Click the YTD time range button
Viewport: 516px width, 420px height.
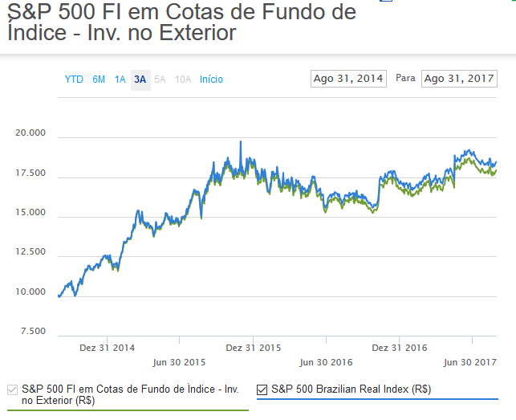tap(74, 80)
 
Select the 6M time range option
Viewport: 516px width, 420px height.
tap(99, 80)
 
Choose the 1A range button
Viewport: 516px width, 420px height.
tap(120, 80)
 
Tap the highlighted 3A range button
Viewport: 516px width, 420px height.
tap(140, 80)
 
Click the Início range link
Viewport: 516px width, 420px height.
tap(211, 80)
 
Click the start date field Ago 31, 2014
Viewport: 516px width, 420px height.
tap(348, 79)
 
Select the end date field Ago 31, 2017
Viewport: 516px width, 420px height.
tap(459, 79)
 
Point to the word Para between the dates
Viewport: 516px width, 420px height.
tap(405, 79)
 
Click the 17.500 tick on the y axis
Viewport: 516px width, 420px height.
tap(31, 173)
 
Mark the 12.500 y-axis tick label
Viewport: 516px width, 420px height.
tap(31, 252)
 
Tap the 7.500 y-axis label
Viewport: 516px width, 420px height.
tap(34, 331)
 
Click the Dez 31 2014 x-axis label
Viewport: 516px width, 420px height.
tap(107, 348)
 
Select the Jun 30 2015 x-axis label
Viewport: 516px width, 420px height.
tap(179, 362)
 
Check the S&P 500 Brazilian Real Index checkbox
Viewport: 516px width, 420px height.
tap(262, 390)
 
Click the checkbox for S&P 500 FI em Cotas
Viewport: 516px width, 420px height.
tap(12, 390)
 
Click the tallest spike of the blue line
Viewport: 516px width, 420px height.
tap(241, 142)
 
